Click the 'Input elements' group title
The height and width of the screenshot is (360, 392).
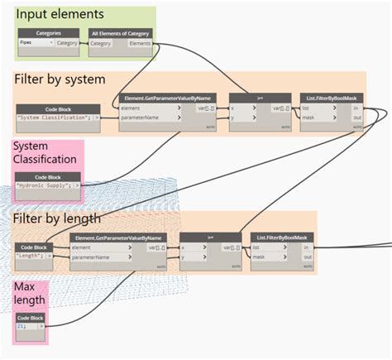pyautogui.click(x=60, y=15)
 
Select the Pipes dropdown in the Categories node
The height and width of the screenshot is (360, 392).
pyautogui.click(x=36, y=43)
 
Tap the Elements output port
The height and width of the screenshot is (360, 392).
pyautogui.click(x=139, y=43)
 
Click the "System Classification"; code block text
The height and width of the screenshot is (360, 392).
pyautogui.click(x=52, y=118)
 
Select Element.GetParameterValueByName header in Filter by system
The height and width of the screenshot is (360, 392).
pyautogui.click(x=165, y=98)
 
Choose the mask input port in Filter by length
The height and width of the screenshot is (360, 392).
pyautogui.click(x=263, y=257)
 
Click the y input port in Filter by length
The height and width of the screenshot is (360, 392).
pyautogui.click(x=185, y=257)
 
